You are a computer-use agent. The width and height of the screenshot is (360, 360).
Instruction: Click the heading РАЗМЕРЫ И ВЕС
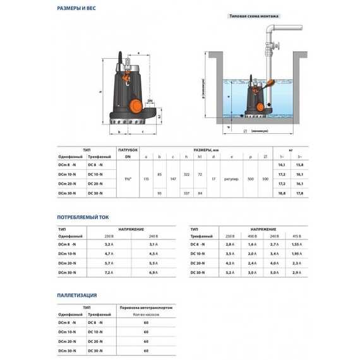coord(77,9)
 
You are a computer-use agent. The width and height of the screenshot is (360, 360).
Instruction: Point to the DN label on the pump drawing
coord(149,100)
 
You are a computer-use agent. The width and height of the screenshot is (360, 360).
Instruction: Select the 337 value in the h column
coord(186,194)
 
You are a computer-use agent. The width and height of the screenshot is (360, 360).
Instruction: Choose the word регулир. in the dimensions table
coord(231,179)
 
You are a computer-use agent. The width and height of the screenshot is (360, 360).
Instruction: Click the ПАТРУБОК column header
coord(128,150)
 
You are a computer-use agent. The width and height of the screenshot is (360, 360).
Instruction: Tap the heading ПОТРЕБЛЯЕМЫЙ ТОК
coord(82,217)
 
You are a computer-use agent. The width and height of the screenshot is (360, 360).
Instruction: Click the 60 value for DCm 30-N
coord(146,350)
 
